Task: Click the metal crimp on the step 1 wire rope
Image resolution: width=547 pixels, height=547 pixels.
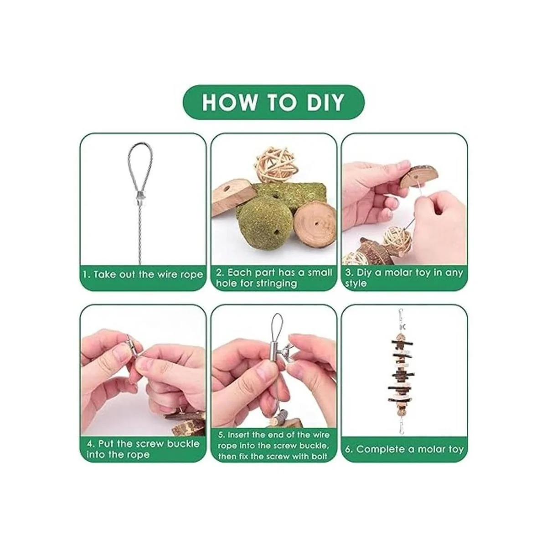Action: click(141, 197)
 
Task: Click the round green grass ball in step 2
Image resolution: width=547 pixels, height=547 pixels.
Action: click(258, 224)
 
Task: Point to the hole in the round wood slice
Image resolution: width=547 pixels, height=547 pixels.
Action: click(315, 224)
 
